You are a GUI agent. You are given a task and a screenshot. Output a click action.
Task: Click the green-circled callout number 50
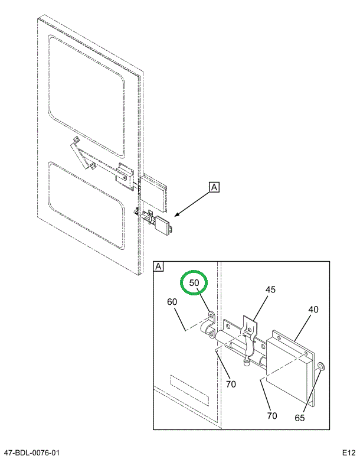pyautogui.click(x=194, y=283)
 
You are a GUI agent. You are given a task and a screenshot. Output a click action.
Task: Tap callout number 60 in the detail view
pyautogui.click(x=172, y=302)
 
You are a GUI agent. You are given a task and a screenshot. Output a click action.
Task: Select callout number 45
pyautogui.click(x=270, y=289)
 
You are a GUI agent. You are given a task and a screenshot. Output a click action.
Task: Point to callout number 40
pyautogui.click(x=313, y=310)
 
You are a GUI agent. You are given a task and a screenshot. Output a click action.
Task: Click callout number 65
pyautogui.click(x=299, y=418)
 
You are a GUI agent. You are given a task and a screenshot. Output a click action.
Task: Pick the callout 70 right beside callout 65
pyautogui.click(x=272, y=415)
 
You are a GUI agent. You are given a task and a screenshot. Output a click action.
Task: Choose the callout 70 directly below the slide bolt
pyautogui.click(x=231, y=384)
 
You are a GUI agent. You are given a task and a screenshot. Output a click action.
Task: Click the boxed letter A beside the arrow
pyautogui.click(x=214, y=187)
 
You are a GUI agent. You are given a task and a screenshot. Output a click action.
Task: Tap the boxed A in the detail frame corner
pyautogui.click(x=158, y=266)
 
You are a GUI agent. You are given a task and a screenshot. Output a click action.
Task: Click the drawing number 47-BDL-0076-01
pyautogui.click(x=30, y=453)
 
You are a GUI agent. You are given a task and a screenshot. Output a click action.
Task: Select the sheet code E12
pyautogui.click(x=349, y=453)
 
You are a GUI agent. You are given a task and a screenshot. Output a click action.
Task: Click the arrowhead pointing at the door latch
pyautogui.click(x=177, y=215)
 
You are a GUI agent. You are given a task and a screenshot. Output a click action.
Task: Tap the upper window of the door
pyautogui.click(x=87, y=96)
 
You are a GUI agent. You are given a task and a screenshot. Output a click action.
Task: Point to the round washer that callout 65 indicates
pyautogui.click(x=322, y=366)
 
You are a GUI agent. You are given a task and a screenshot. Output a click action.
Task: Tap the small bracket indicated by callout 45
pyautogui.click(x=250, y=328)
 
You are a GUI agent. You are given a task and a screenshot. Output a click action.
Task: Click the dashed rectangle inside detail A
pyautogui.click(x=189, y=391)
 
